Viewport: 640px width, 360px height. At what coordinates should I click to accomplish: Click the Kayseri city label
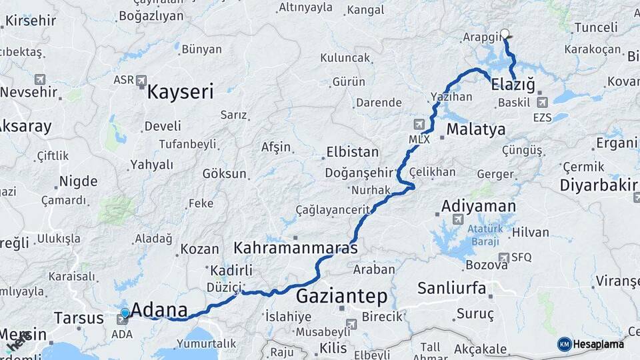point(180,92)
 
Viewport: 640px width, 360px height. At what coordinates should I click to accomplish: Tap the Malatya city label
point(476,129)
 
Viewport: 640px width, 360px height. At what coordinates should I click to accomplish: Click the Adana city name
point(160,309)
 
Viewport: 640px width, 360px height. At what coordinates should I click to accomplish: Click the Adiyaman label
point(478,206)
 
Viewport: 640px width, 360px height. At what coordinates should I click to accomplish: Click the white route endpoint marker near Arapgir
point(505,33)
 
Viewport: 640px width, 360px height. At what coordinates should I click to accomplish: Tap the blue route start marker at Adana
point(125,313)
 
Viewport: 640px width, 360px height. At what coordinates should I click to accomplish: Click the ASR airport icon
point(141,81)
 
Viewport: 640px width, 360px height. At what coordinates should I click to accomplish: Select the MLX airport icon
point(419,124)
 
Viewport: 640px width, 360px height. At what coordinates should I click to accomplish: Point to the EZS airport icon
point(542,103)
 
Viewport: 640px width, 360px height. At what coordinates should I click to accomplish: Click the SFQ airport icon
point(504,257)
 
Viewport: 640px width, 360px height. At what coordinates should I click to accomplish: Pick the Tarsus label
point(79,317)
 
